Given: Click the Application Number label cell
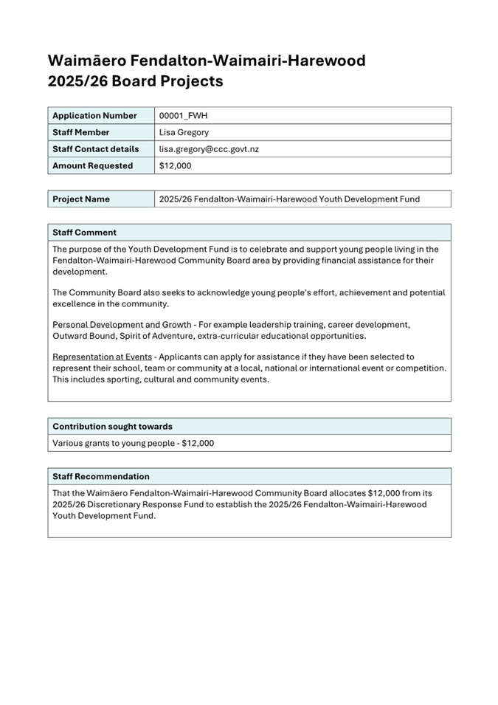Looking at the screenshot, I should click(94, 116).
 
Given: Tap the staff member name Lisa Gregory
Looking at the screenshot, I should click(184, 133).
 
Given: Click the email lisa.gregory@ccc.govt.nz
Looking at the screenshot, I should click(209, 149).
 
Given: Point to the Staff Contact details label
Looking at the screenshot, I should click(95, 149).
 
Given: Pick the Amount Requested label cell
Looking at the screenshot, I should click(92, 166).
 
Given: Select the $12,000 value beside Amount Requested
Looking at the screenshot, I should click(175, 166).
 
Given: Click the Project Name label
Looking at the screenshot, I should click(81, 199).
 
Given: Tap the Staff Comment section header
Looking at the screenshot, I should click(84, 233).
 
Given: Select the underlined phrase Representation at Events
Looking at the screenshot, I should click(102, 357).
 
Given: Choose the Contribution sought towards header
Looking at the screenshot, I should click(112, 427).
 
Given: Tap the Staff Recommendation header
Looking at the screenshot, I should click(100, 477).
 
